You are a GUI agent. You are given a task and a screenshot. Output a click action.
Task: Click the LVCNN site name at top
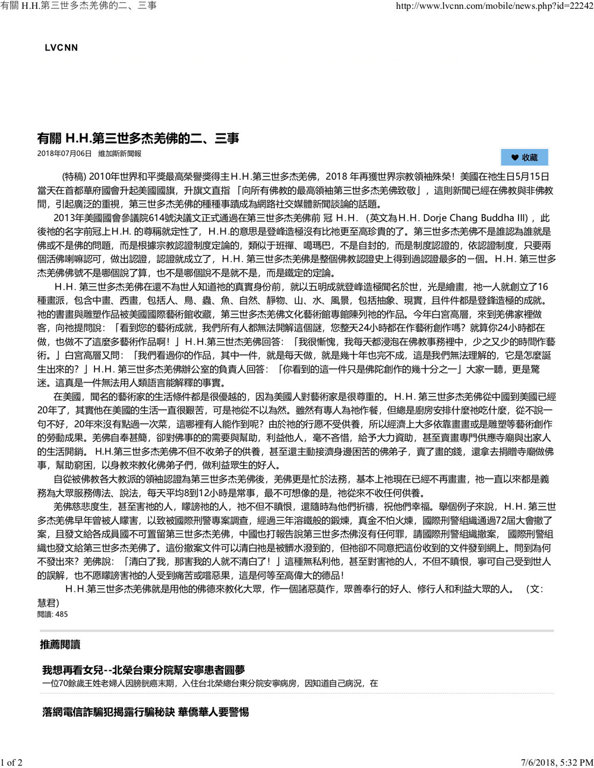[x=61, y=47]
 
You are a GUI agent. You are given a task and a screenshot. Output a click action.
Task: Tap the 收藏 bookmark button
[x=525, y=157]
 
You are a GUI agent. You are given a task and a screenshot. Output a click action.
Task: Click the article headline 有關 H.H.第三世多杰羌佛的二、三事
[x=138, y=139]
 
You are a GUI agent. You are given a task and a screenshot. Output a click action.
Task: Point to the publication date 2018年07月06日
[x=64, y=154]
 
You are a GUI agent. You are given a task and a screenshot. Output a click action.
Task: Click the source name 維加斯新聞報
[x=119, y=154]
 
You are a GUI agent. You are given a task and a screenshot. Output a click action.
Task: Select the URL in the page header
[x=494, y=5]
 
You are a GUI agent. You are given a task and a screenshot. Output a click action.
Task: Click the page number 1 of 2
[x=12, y=762]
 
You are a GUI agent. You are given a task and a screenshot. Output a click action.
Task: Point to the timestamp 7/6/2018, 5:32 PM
[x=557, y=762]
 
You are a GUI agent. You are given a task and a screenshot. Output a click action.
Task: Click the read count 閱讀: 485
[x=52, y=614]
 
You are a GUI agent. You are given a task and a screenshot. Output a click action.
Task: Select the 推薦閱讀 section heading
[x=60, y=645]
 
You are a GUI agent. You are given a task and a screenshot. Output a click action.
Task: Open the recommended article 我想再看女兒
[x=143, y=670]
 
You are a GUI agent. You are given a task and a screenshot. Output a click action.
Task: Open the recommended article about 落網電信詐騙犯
[x=146, y=712]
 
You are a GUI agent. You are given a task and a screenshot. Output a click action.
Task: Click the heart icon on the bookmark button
[x=514, y=157]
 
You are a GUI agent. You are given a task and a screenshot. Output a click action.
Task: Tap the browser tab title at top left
[x=78, y=5]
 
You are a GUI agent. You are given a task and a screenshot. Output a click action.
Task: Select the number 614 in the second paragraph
[x=165, y=218]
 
